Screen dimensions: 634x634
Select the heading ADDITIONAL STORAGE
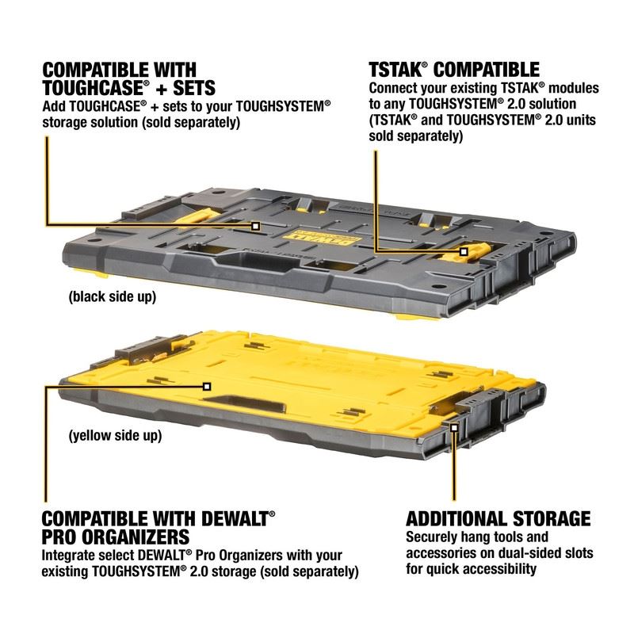coord(498,519)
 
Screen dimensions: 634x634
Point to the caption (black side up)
coord(112,298)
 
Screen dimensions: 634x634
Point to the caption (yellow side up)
coord(116,435)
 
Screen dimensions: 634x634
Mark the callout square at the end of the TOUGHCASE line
coord(256,226)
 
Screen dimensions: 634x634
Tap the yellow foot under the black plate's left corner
coord(101,275)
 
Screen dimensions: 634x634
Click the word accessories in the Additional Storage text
coord(445,555)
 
